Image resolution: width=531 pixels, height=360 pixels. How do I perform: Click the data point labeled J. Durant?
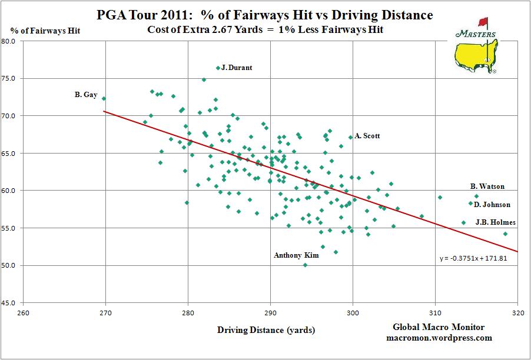pyautogui.click(x=218, y=68)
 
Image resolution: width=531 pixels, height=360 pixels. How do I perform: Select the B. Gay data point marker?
pyautogui.click(x=104, y=99)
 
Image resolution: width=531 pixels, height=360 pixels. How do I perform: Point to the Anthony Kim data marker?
pyautogui.click(x=305, y=265)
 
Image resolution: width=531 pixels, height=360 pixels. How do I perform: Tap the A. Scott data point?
pyautogui.click(x=350, y=138)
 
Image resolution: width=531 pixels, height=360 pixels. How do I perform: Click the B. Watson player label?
pyautogui.click(x=487, y=187)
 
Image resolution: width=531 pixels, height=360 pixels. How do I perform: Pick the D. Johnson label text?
pyautogui.click(x=492, y=205)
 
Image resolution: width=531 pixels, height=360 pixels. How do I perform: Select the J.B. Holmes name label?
pyautogui.click(x=495, y=222)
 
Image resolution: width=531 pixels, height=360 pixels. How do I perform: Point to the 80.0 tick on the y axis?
pyautogui.click(x=8, y=41)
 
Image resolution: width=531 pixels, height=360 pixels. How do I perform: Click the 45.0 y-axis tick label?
pyautogui.click(x=8, y=303)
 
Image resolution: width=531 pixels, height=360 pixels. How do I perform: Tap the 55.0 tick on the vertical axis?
pyautogui.click(x=8, y=228)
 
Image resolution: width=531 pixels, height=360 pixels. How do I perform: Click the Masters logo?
pyautogui.click(x=476, y=47)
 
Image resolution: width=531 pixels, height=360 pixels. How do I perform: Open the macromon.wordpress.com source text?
pyautogui.click(x=439, y=338)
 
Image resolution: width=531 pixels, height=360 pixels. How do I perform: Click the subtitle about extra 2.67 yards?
pyautogui.click(x=266, y=29)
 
